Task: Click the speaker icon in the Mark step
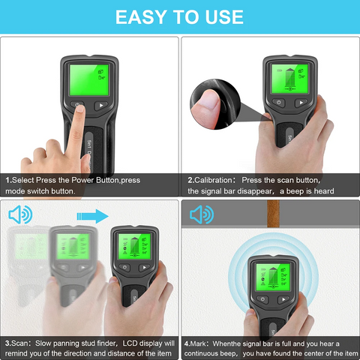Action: [200, 217]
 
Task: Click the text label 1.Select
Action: [22, 181]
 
